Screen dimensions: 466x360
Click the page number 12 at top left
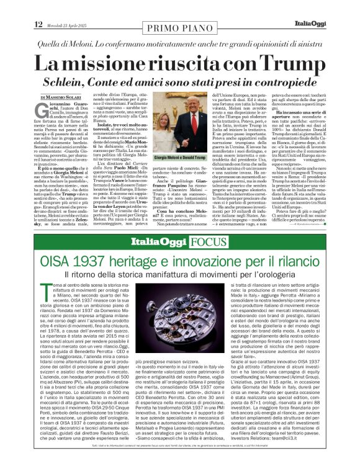pos(38,7)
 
